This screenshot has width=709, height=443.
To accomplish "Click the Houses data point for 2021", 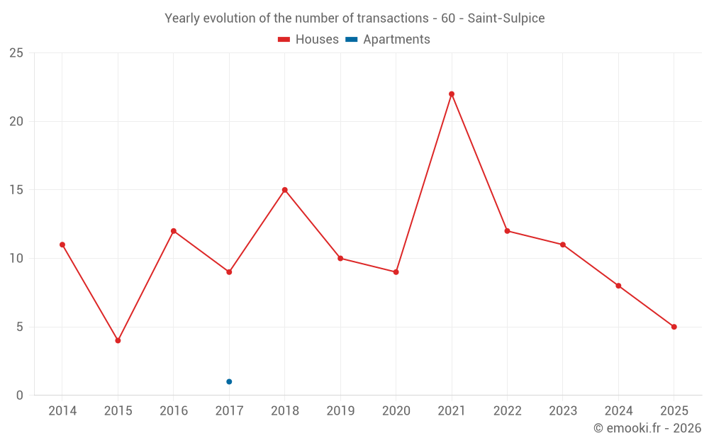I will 452,94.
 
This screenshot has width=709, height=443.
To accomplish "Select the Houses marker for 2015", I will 118,340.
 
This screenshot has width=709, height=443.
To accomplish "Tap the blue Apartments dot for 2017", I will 229,381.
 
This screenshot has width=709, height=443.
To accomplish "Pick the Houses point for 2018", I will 285,190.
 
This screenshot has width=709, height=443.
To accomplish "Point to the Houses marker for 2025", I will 674,327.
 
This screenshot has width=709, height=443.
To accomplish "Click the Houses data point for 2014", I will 62,245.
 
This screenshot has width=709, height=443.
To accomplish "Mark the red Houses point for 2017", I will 229,272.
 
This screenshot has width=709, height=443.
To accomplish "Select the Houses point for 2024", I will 618,286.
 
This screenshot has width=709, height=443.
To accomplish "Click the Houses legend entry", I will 308,40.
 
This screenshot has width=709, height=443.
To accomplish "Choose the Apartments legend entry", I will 388,40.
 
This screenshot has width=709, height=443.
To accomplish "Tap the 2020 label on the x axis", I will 396,410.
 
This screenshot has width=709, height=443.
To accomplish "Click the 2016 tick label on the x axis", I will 174,410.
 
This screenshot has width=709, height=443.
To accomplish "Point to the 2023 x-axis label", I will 563,410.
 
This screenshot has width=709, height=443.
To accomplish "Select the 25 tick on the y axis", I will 16,53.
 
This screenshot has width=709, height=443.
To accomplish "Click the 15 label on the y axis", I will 16,190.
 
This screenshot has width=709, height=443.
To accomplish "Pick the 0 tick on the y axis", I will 20,396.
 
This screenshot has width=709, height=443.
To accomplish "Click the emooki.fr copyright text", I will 647,428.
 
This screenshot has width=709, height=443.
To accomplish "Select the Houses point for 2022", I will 507,231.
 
